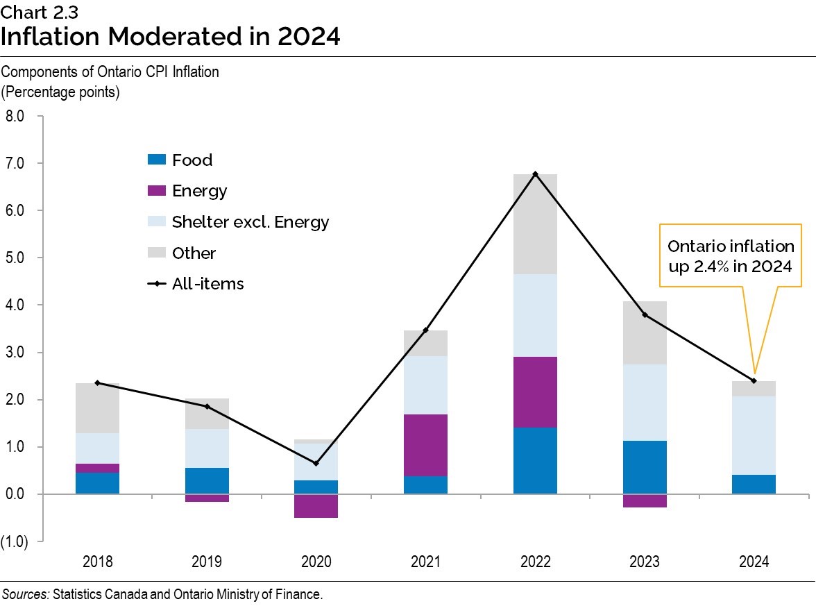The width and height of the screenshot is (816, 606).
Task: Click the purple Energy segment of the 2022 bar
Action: [535, 392]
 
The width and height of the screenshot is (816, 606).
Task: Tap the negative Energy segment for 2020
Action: [316, 506]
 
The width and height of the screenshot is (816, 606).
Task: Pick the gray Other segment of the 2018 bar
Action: [98, 408]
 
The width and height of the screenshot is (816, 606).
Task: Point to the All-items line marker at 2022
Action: [536, 174]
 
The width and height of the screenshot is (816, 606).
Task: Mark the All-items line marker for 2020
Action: [316, 463]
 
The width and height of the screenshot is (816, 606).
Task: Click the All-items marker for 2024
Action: [754, 380]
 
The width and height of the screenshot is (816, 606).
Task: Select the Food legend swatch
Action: [158, 160]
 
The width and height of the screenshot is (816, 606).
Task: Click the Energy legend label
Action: [200, 191]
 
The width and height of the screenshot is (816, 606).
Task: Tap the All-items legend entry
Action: [207, 284]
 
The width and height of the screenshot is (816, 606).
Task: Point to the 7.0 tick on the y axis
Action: [16, 164]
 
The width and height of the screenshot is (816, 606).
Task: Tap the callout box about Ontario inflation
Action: [731, 255]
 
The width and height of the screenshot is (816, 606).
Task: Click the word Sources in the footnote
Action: [25, 594]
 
